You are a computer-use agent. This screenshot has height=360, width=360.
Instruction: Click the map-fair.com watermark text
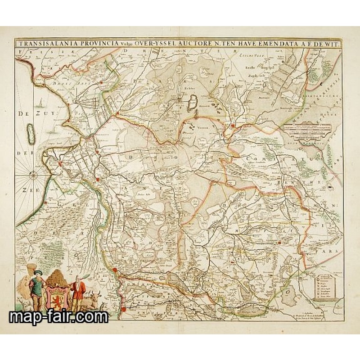[x=58, y=317]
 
